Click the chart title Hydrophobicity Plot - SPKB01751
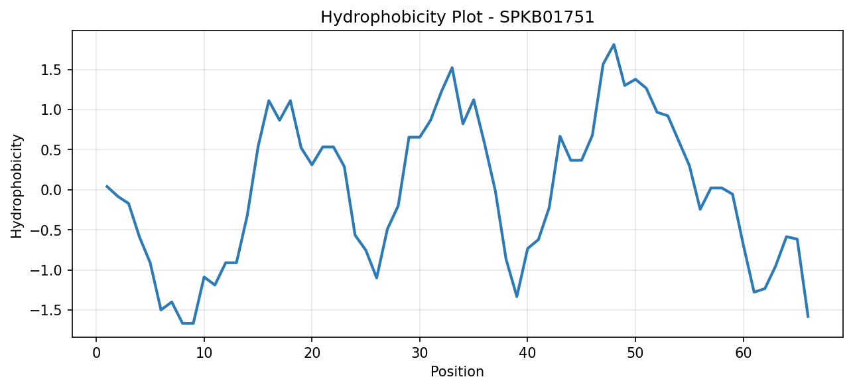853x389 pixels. click(458, 17)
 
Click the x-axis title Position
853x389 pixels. click(457, 372)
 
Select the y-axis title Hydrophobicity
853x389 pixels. click(17, 187)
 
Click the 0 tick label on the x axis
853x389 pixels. click(96, 353)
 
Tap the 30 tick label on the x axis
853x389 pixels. click(420, 353)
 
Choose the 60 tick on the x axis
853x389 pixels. click(743, 353)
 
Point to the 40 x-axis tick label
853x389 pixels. click(527, 353)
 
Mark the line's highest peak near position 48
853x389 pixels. click(614, 44)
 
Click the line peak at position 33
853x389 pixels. click(452, 68)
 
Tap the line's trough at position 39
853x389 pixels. click(517, 297)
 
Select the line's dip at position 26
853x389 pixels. click(377, 277)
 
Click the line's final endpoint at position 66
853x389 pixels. click(808, 317)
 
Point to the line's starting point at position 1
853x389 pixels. click(107, 186)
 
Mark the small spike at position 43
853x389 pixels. click(560, 136)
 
